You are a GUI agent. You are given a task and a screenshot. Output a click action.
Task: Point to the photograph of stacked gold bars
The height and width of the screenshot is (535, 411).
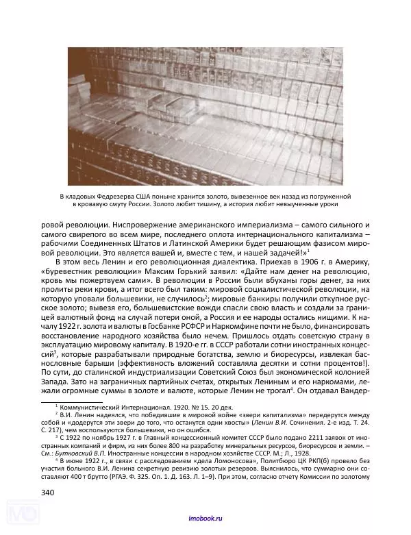(205, 116)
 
